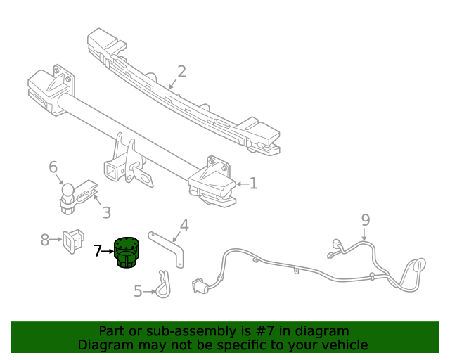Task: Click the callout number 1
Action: [253, 184]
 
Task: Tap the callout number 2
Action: [181, 72]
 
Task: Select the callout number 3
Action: [106, 212]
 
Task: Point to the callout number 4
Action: [184, 226]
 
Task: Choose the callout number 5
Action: [138, 290]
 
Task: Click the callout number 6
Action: [53, 167]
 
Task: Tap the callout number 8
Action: [45, 240]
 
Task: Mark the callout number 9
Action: [366, 220]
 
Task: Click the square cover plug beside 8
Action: [72, 240]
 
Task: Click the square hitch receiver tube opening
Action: [112, 171]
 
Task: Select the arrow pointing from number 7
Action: [109, 250]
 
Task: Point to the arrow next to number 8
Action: [56, 240]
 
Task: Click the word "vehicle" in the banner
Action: [344, 345]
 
